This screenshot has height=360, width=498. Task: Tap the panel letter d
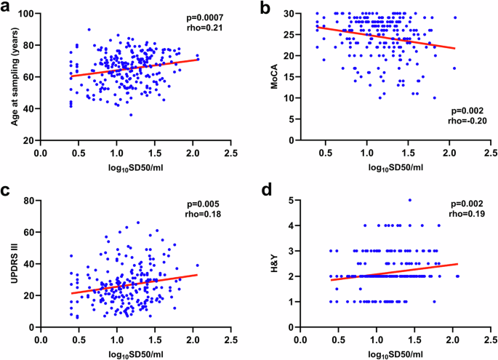(265, 190)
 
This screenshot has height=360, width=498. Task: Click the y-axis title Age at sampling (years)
(14, 76)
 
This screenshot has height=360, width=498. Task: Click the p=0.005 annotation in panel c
(198, 204)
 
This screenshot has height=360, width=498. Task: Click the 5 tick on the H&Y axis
(291, 200)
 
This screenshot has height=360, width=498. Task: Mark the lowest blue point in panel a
(131, 115)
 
